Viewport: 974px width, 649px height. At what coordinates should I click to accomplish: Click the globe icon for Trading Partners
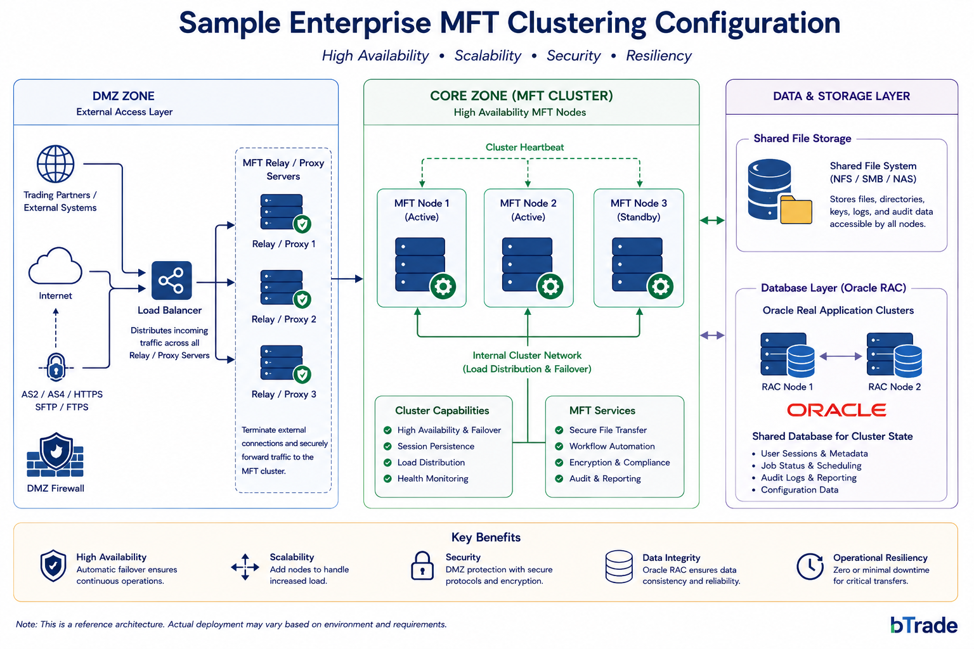(x=55, y=164)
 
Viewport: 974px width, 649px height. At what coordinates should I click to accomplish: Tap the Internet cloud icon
(x=55, y=266)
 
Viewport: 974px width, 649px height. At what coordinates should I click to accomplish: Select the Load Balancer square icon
(x=171, y=280)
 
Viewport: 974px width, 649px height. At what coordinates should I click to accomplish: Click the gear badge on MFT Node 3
(x=661, y=286)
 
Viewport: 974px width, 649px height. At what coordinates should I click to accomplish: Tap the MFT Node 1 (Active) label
(x=421, y=210)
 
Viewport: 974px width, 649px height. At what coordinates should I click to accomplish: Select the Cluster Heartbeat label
(x=524, y=148)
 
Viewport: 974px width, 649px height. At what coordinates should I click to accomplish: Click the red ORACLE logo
(x=836, y=410)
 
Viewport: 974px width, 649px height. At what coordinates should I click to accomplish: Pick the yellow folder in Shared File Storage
(x=796, y=210)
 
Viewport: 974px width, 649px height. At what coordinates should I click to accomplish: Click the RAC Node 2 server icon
(x=894, y=354)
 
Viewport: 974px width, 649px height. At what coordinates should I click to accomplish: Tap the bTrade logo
(x=923, y=625)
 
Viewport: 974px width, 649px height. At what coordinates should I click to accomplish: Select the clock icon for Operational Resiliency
(x=810, y=566)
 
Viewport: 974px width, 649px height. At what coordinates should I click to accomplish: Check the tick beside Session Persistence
(x=387, y=446)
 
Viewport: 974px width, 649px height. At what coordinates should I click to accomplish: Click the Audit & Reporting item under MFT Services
(x=605, y=479)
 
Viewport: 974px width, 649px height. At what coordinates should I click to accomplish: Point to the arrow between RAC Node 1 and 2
(x=840, y=356)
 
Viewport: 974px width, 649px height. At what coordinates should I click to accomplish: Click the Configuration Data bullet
(x=799, y=490)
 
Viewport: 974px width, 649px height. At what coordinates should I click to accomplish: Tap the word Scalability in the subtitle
(x=488, y=56)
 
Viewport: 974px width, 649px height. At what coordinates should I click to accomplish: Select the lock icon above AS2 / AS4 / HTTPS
(x=56, y=368)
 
